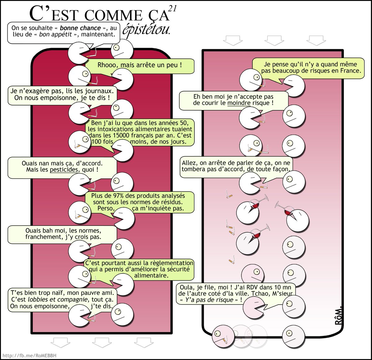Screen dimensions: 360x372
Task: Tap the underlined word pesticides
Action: point(64,170)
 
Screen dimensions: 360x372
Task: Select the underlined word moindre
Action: point(239,103)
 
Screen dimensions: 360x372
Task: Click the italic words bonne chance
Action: point(80,28)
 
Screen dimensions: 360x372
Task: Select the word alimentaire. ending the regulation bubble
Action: point(151,275)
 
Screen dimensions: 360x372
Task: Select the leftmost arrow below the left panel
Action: point(60,342)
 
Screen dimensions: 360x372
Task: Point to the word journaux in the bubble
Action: point(98,91)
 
